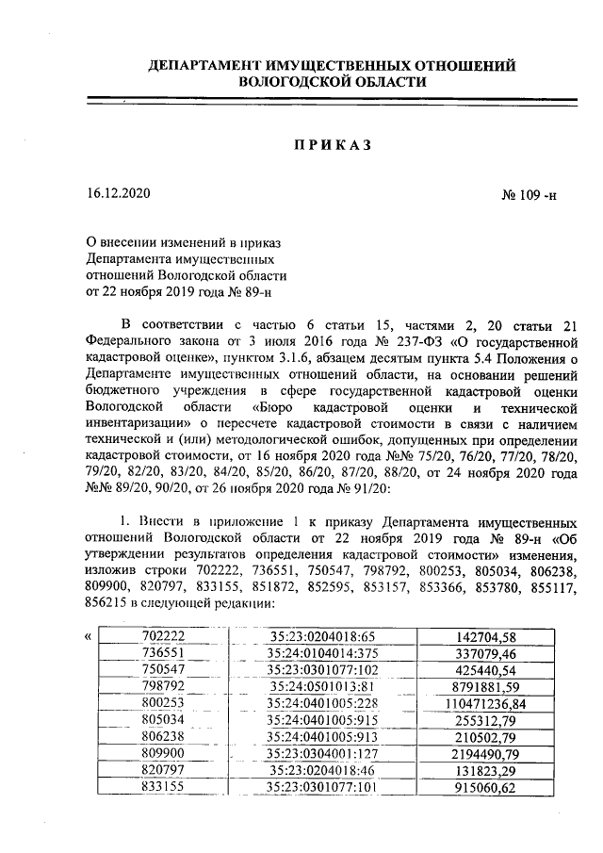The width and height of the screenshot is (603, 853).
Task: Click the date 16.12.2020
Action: pyautogui.click(x=118, y=193)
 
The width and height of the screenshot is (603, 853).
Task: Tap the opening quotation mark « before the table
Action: pyautogui.click(x=88, y=636)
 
